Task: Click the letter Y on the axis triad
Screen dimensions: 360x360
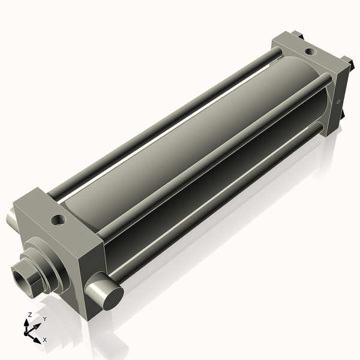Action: pyautogui.click(x=44, y=319)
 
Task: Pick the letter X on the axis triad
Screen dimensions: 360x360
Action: pyautogui.click(x=44, y=340)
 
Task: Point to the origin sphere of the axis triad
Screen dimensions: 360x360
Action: pyautogui.click(x=28, y=329)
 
